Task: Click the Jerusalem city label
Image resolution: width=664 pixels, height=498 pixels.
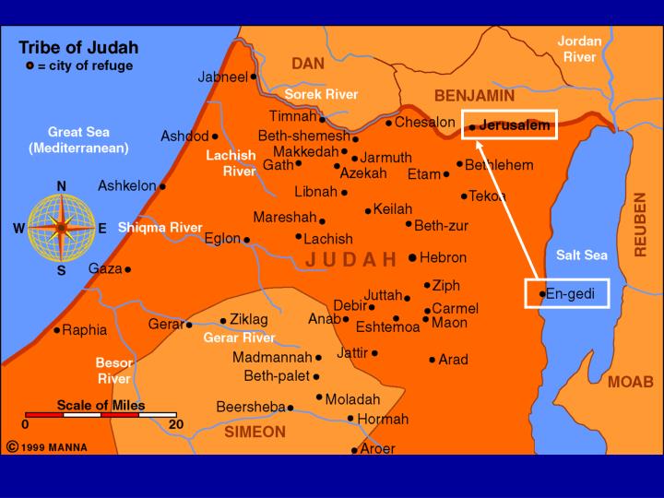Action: pyautogui.click(x=514, y=125)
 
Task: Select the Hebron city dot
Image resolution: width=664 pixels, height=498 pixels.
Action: pyautogui.click(x=412, y=258)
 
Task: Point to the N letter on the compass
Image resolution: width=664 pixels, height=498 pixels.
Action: pyautogui.click(x=62, y=185)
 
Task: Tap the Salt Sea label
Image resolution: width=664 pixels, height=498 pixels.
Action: pyautogui.click(x=579, y=255)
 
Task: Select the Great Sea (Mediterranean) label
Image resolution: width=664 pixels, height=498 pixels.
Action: pyautogui.click(x=78, y=139)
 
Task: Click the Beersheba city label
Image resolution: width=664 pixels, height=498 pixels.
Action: pyautogui.click(x=250, y=406)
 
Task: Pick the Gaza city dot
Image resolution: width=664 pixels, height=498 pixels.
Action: pyautogui.click(x=127, y=269)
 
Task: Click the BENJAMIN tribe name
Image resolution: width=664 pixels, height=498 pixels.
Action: pyautogui.click(x=474, y=96)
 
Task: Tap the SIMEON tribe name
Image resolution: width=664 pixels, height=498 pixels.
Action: pyautogui.click(x=255, y=432)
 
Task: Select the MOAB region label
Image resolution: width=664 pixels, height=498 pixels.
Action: pyautogui.click(x=630, y=382)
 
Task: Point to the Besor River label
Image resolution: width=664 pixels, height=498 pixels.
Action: pyautogui.click(x=113, y=370)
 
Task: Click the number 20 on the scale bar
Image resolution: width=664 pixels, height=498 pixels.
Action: pyautogui.click(x=175, y=425)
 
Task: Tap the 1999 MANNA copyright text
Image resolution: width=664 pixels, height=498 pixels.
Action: pyautogui.click(x=54, y=447)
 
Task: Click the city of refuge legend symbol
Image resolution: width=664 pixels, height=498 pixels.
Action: pyautogui.click(x=30, y=65)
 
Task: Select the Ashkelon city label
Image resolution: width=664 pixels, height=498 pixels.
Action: pyautogui.click(x=126, y=185)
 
